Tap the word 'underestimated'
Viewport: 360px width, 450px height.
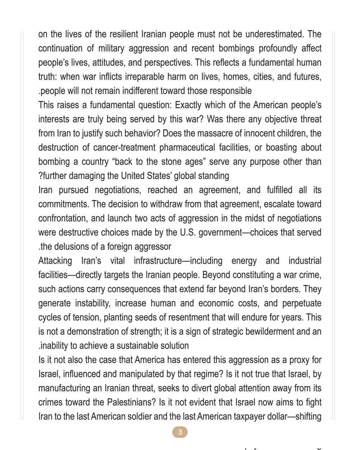coord(275,34)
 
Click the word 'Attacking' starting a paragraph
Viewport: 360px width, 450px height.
coord(55,261)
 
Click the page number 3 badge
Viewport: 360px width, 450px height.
coord(180,432)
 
